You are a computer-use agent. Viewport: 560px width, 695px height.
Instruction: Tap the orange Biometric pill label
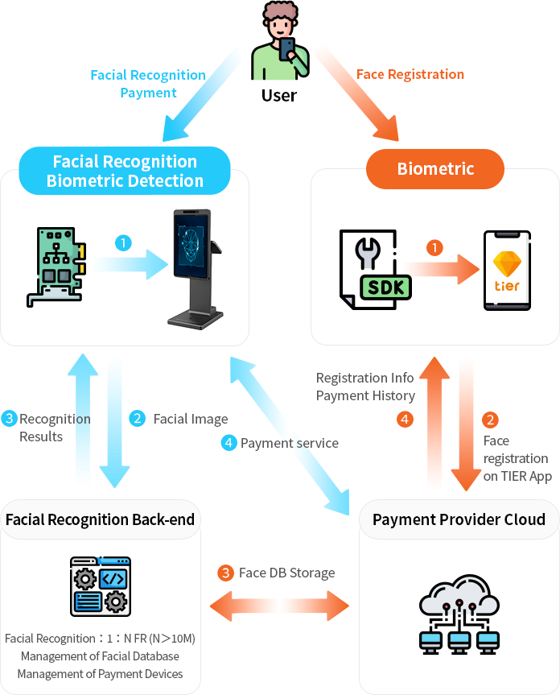435,169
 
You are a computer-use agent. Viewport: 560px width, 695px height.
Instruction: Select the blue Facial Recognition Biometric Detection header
125,171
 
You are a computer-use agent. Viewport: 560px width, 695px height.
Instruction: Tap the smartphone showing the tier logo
506,271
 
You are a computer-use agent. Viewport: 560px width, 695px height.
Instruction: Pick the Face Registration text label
410,74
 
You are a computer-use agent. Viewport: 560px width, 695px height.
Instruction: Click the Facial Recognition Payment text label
148,84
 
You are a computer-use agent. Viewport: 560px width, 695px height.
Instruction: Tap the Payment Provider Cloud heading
459,519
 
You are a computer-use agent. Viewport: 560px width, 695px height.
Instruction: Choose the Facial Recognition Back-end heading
100,519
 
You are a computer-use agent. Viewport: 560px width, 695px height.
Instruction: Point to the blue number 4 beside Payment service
229,442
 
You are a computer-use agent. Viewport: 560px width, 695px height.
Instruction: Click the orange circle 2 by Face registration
490,420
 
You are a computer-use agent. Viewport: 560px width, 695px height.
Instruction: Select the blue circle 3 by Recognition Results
10,419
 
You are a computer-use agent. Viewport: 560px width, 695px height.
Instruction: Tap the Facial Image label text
191,419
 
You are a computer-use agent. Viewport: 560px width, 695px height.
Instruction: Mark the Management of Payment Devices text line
100,673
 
